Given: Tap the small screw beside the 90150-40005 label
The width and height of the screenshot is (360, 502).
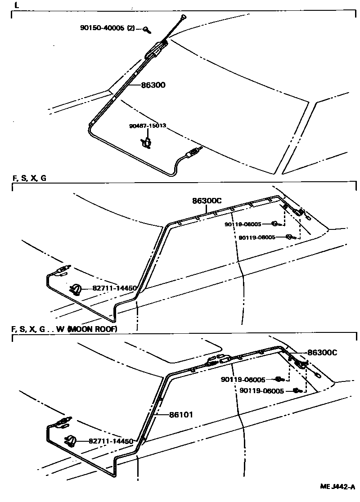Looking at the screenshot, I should click(x=147, y=30).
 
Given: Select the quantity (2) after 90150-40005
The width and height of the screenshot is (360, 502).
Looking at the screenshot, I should click(x=131, y=28).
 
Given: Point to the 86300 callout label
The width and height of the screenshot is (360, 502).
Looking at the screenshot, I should click(x=153, y=85).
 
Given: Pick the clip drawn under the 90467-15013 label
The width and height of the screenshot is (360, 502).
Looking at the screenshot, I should click(x=147, y=143).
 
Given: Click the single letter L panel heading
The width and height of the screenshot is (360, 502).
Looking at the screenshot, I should click(x=17, y=6).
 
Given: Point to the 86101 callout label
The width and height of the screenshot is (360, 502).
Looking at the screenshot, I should click(x=181, y=414).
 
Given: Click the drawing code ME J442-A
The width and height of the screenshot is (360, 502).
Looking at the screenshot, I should click(x=337, y=487).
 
